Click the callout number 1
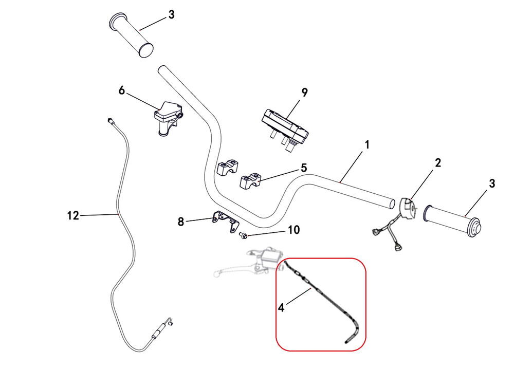point(367,145)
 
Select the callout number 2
point(438,163)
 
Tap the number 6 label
point(122,90)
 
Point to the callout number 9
point(304,93)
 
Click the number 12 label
point(73,215)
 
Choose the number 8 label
point(180,222)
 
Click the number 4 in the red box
point(281,307)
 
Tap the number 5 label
point(304,168)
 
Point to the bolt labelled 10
point(243,235)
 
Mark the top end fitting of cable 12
point(110,120)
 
